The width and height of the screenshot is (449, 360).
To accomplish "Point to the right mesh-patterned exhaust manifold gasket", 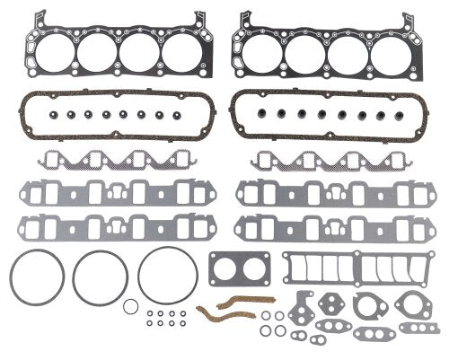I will (x=326, y=162).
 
